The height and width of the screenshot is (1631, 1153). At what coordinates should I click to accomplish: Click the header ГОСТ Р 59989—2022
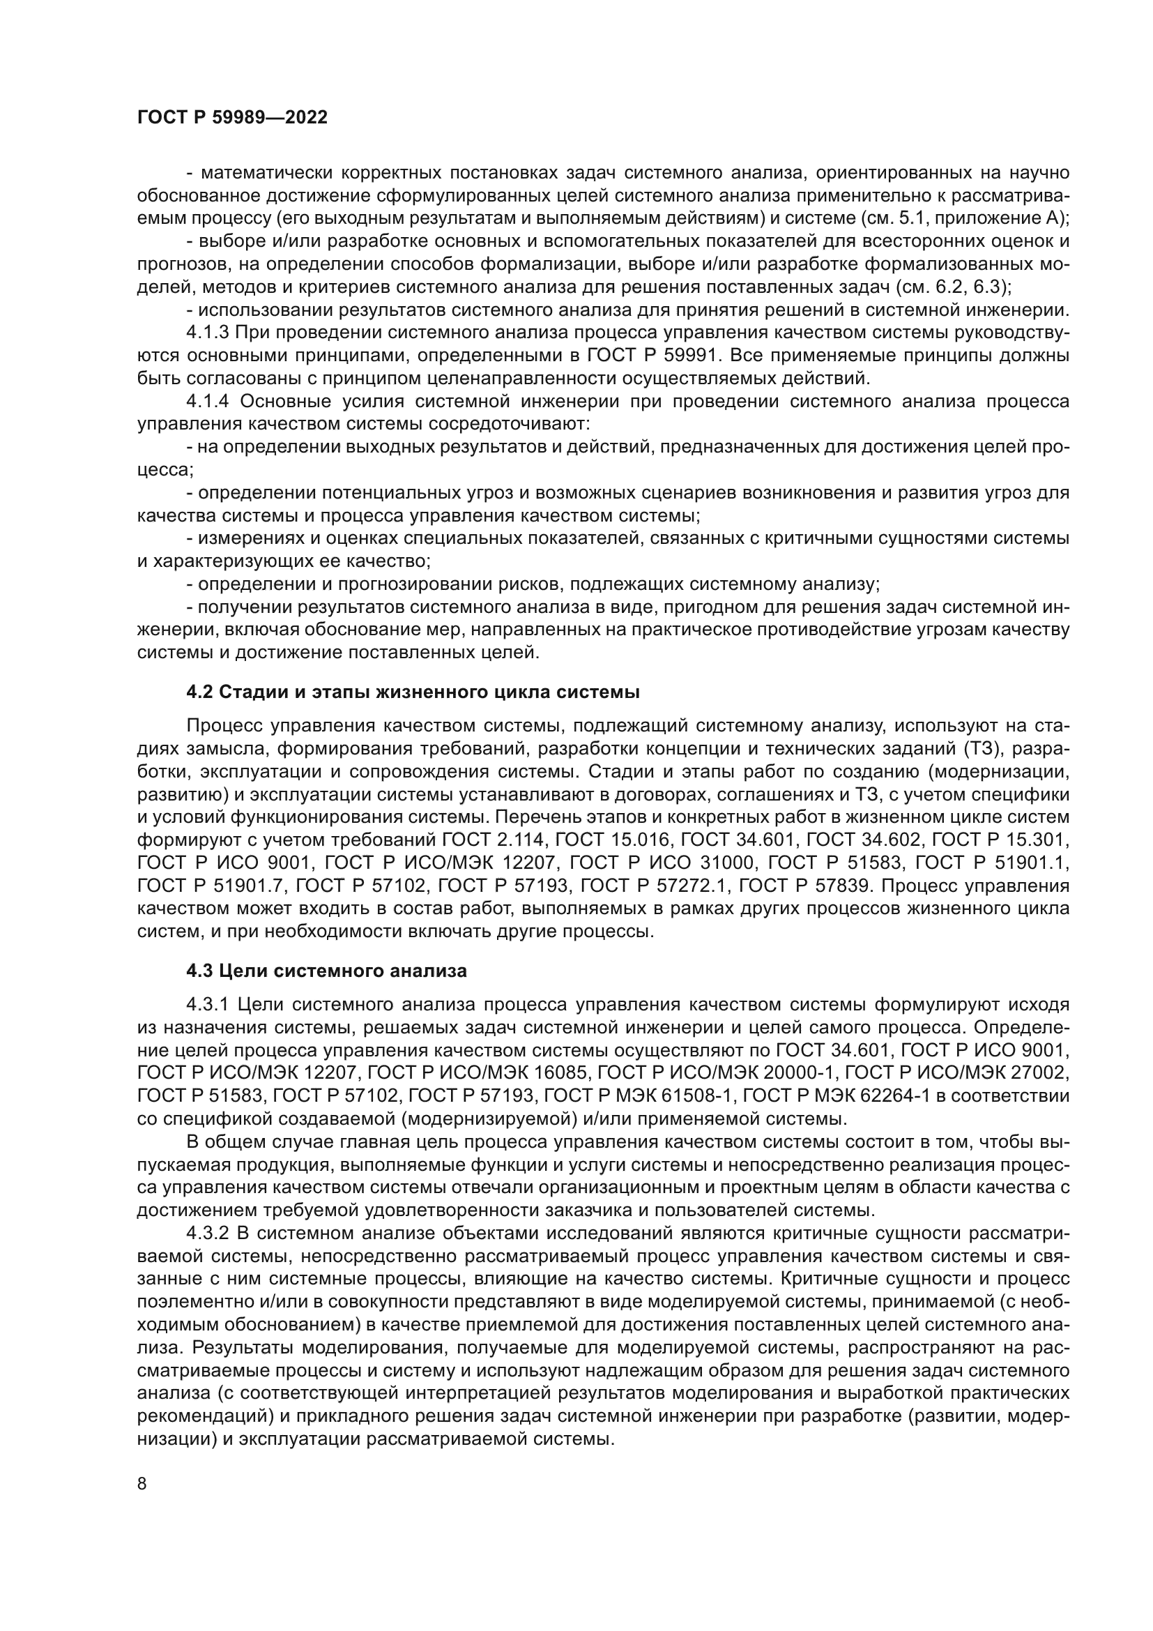coord(232,118)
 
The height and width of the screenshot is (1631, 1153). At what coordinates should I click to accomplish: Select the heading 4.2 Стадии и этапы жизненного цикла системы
coord(413,692)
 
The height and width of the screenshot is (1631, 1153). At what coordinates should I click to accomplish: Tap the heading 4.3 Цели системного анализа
coord(326,971)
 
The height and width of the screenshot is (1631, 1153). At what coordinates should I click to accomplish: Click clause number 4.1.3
coord(207,333)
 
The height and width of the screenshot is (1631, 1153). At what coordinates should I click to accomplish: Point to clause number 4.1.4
coord(207,402)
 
